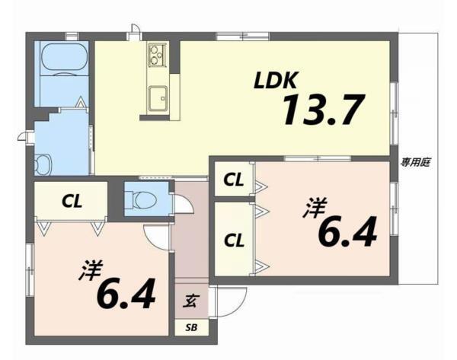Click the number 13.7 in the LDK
[324, 110]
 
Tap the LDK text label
[276, 80]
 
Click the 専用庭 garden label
[415, 162]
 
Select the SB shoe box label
[191, 328]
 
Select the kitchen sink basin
[158, 98]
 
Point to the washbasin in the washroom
[43, 165]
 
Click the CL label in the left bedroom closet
[72, 201]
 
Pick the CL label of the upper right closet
[234, 180]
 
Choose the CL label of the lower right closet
[234, 241]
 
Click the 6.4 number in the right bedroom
[348, 232]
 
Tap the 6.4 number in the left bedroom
[126, 294]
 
